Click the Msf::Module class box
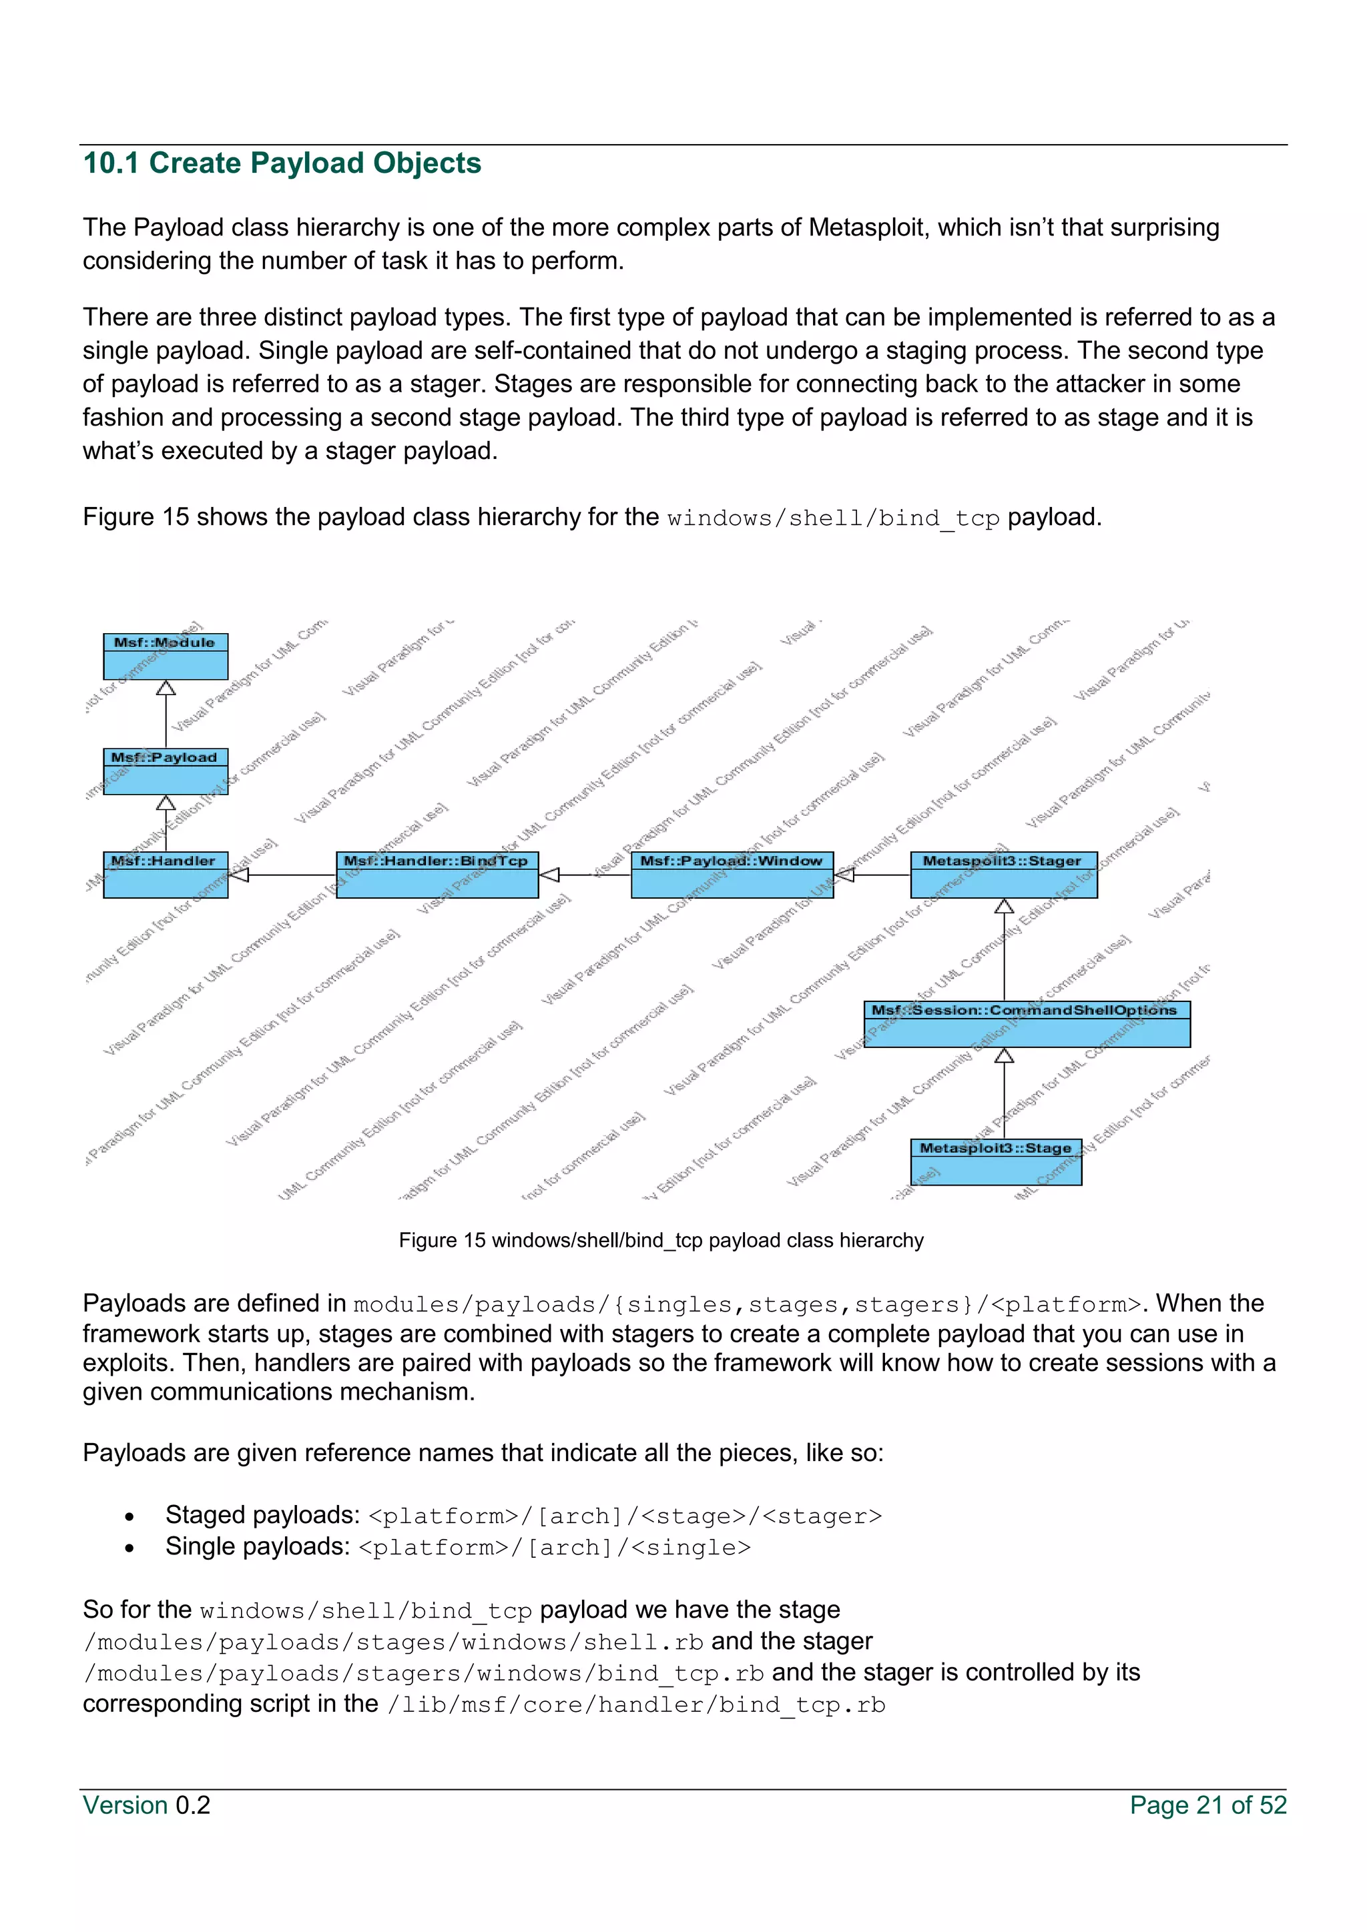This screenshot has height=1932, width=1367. click(x=166, y=656)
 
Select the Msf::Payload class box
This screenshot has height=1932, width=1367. click(x=166, y=771)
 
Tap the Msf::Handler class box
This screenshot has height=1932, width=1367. click(x=166, y=875)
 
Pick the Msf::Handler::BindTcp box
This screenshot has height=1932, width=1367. click(x=437, y=875)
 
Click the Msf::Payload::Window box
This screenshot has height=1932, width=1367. click(x=732, y=875)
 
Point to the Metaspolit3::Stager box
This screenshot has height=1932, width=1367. click(x=1003, y=875)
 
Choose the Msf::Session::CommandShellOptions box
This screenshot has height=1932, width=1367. click(x=1027, y=1023)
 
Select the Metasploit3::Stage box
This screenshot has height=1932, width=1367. click(x=996, y=1161)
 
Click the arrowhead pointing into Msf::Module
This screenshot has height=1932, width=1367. click(x=166, y=688)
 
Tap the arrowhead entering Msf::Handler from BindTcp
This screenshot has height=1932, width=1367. click(x=239, y=875)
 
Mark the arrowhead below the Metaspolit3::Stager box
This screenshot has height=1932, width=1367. click(x=1003, y=906)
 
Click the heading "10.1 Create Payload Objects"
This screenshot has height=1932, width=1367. click(x=282, y=163)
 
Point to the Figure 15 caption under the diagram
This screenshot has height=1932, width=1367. click(x=661, y=1240)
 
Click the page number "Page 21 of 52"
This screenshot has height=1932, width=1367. click(x=1208, y=1805)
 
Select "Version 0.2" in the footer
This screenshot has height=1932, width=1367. click(x=146, y=1805)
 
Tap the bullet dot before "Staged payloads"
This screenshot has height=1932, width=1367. click(x=129, y=1517)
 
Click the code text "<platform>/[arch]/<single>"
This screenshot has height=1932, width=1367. click(x=555, y=1548)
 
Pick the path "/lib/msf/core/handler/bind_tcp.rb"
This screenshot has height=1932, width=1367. click(x=636, y=1706)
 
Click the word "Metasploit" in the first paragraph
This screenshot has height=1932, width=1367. click(x=866, y=228)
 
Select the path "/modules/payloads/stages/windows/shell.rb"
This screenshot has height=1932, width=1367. click(x=394, y=1642)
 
